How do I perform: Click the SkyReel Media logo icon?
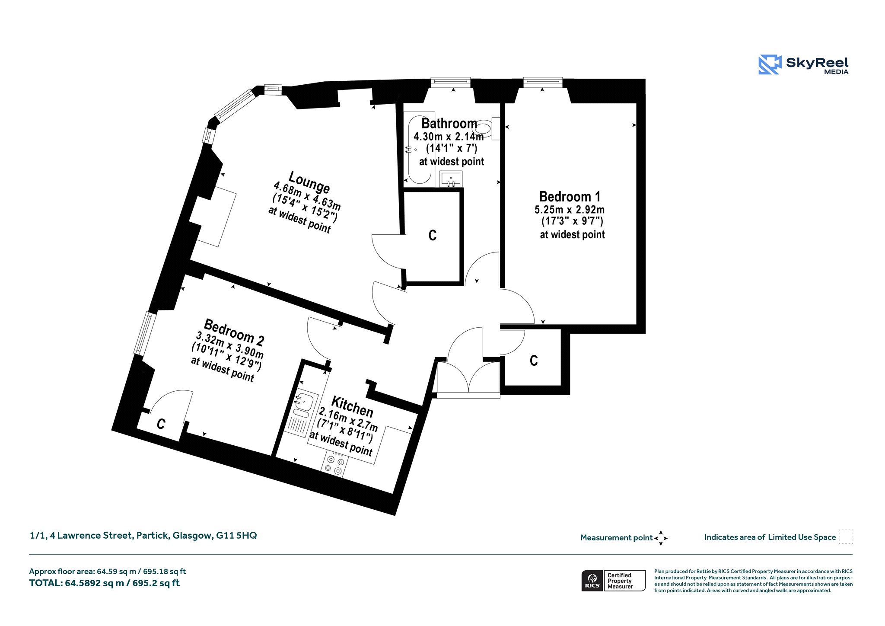(x=770, y=64)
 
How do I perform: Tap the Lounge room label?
(x=309, y=182)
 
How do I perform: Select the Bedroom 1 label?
(x=570, y=197)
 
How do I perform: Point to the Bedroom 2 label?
(x=234, y=332)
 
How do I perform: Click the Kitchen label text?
(x=352, y=406)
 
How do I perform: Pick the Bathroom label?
(x=449, y=124)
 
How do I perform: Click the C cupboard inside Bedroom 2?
(x=161, y=424)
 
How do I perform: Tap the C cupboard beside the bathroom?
(x=432, y=235)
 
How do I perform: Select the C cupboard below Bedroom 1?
(x=534, y=361)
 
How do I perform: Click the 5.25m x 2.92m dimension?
(x=570, y=210)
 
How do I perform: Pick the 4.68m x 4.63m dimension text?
(x=307, y=196)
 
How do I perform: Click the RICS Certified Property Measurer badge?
(x=613, y=581)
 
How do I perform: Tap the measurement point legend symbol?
(x=661, y=538)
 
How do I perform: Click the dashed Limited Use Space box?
(x=846, y=537)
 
